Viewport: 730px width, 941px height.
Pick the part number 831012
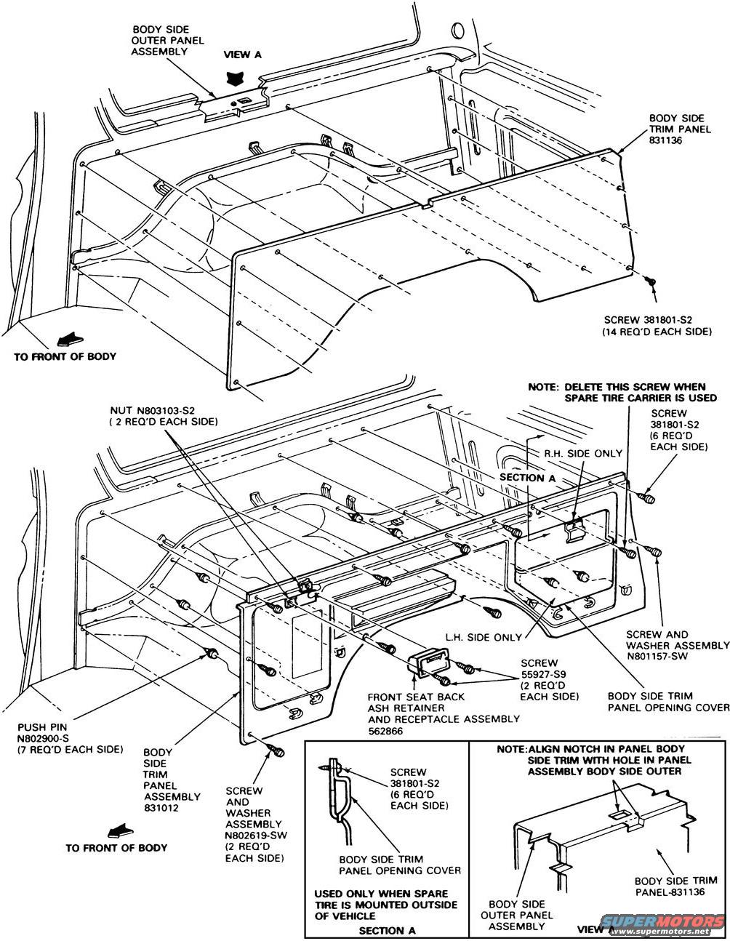click(161, 807)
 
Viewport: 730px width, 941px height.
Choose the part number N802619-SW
click(254, 835)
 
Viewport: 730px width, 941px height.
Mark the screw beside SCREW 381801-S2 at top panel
click(652, 280)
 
